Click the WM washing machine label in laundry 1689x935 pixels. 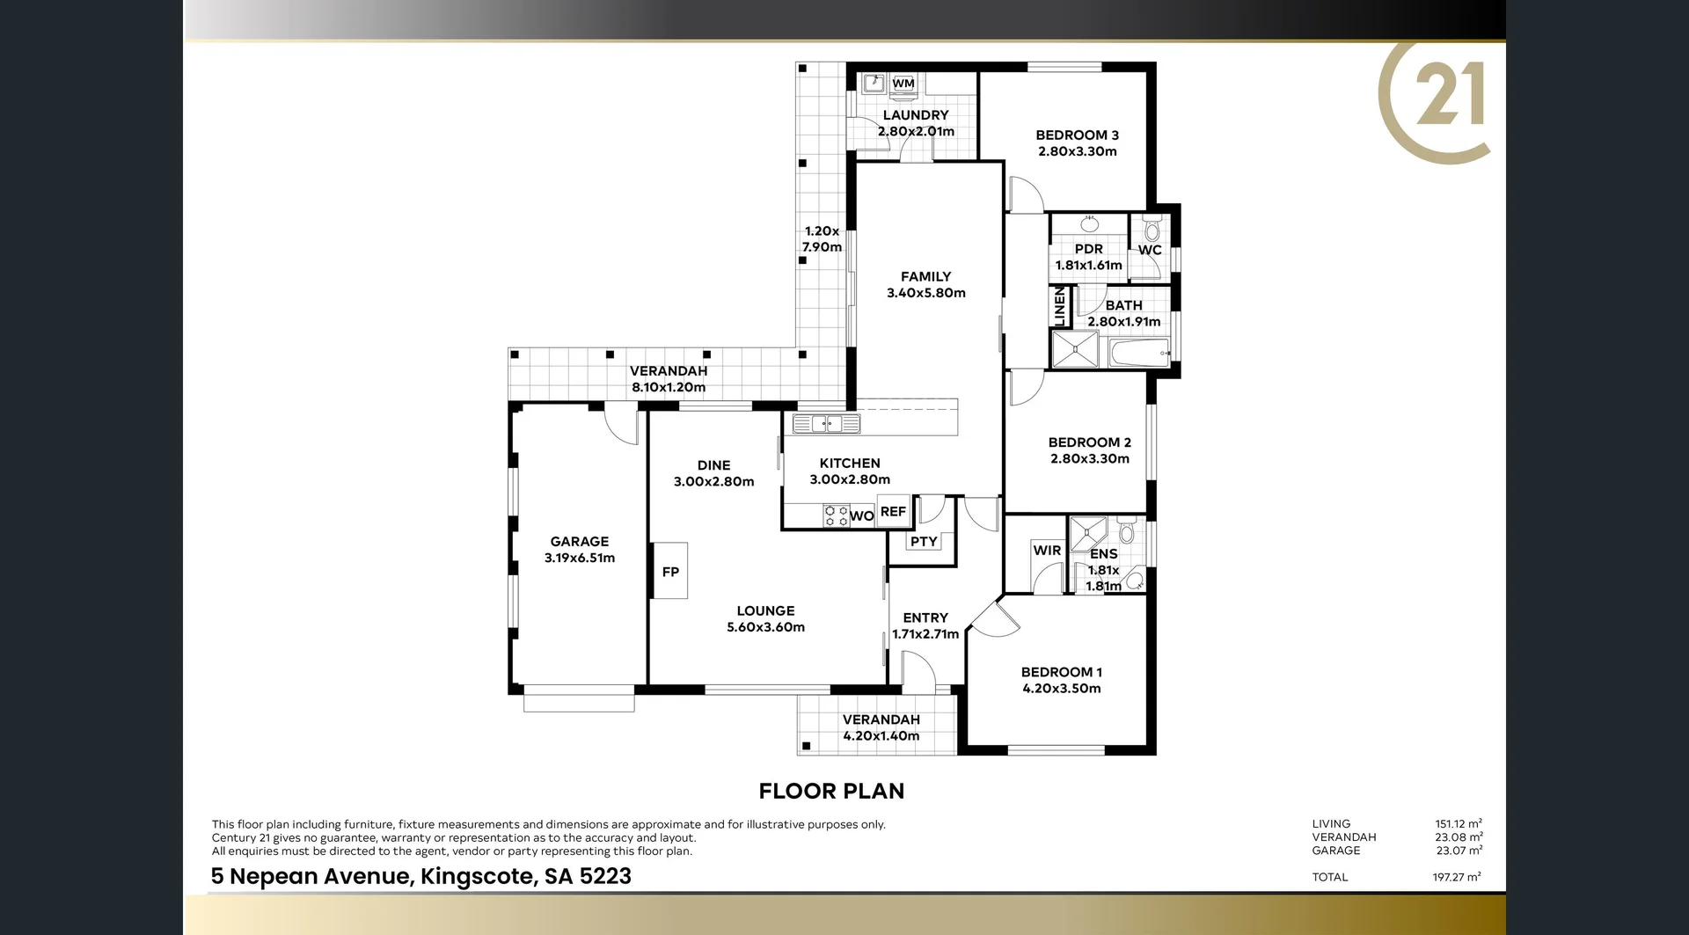pyautogui.click(x=903, y=84)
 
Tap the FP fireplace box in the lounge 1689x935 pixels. pyautogui.click(x=670, y=572)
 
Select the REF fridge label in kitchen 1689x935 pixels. pyautogui.click(x=893, y=511)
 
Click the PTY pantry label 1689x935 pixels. pyautogui.click(x=923, y=541)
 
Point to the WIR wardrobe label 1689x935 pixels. pyautogui.click(x=1047, y=551)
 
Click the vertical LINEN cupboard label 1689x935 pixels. pyautogui.click(x=1059, y=306)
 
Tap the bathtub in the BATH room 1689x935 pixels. pyautogui.click(x=1139, y=354)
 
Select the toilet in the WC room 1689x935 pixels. pyautogui.click(x=1152, y=230)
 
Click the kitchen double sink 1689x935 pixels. pyautogui.click(x=826, y=424)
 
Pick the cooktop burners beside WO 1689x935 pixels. pyautogui.click(x=835, y=515)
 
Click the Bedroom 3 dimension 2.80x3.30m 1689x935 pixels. pyautogui.click(x=1077, y=151)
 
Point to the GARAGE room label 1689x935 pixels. pyautogui.click(x=579, y=542)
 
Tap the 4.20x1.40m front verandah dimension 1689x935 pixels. pyautogui.click(x=881, y=736)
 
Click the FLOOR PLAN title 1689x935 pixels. pyautogui.click(x=831, y=791)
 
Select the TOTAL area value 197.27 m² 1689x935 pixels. pyautogui.click(x=1456, y=877)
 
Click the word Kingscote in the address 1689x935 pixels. pyautogui.click(x=476, y=876)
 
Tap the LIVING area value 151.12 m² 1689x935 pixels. pyautogui.click(x=1458, y=824)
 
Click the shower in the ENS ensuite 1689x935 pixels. pyautogui.click(x=1087, y=533)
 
